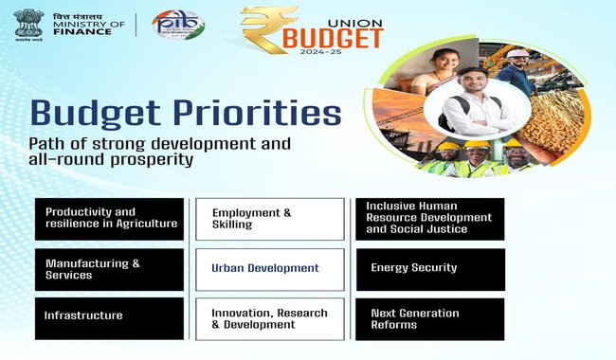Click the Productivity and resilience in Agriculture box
coord(109,218)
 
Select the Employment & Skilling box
coord(269,218)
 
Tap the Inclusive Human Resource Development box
coord(429,218)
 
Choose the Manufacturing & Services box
coord(109,269)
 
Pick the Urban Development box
coord(269,268)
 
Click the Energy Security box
coord(429,268)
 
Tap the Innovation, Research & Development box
coord(269,318)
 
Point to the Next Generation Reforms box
coord(429,318)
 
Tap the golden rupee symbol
coord(267,30)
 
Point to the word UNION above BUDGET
coord(363,16)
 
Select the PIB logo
coord(177,25)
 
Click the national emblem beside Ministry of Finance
coord(27,24)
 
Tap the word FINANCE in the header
coord(82,31)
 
